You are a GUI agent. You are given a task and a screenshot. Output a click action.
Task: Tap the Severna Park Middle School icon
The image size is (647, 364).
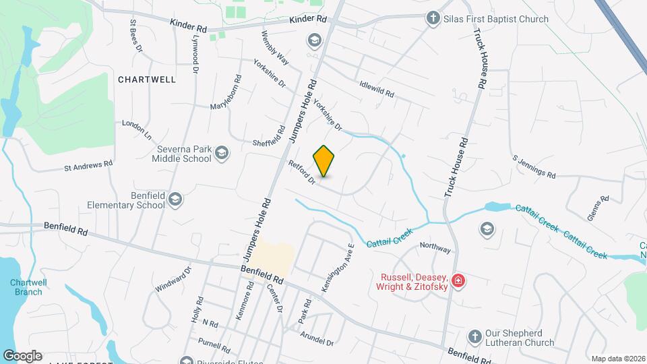pos(222,155)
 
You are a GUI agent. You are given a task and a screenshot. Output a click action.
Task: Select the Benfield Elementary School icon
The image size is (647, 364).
pos(175,200)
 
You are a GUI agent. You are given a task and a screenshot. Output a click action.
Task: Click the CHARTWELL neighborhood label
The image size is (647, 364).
pos(146,80)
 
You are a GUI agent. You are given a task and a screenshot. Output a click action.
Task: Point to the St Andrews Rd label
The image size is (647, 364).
pos(88,164)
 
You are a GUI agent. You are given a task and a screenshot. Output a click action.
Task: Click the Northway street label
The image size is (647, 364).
pos(435,248)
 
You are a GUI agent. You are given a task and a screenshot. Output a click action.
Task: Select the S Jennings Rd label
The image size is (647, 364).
pos(534,167)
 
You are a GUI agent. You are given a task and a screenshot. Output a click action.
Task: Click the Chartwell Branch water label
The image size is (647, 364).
pos(27,287)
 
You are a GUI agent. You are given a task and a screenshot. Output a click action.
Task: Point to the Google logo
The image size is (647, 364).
pos(22,356)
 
